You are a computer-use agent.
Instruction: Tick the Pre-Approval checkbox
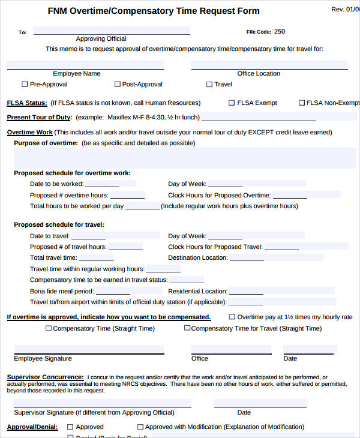pyautogui.click(x=25, y=85)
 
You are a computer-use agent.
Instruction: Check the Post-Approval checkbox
pyautogui.click(x=117, y=85)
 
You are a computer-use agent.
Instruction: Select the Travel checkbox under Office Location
pyautogui.click(x=209, y=85)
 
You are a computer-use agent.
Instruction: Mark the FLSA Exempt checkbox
pyautogui.click(x=232, y=103)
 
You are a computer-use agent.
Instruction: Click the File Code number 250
pyautogui.click(x=280, y=32)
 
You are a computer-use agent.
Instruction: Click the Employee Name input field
pyautogui.click(x=85, y=65)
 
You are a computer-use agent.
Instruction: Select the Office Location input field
pyautogui.click(x=269, y=65)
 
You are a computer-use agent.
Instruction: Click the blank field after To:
pyautogui.click(x=112, y=31)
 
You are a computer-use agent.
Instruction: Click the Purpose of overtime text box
pyautogui.click(x=180, y=158)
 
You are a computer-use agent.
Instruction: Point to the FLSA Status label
pyautogui.click(x=26, y=103)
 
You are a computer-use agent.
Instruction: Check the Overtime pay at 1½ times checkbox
pyautogui.click(x=232, y=317)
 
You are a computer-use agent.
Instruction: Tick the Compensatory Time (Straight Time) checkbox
pyautogui.click(x=49, y=328)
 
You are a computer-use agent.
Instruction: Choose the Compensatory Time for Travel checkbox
pyautogui.click(x=187, y=328)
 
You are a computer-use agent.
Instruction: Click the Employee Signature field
pyautogui.click(x=89, y=349)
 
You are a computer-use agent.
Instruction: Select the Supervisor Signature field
pyautogui.click(x=103, y=403)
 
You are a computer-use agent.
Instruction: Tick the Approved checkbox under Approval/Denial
pyautogui.click(x=70, y=427)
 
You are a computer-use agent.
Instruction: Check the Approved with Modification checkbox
pyautogui.click(x=140, y=427)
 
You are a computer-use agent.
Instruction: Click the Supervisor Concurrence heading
pyautogui.click(x=45, y=377)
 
